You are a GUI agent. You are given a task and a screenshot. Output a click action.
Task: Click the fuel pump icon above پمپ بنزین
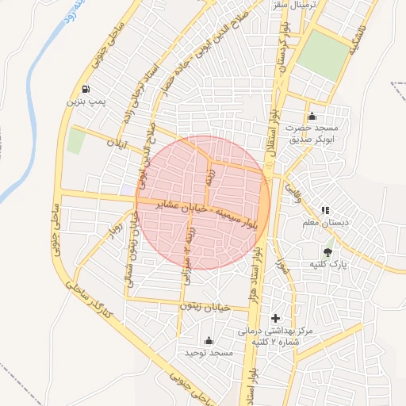[x=86, y=89]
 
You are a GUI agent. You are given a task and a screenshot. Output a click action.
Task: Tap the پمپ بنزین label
[x=86, y=101]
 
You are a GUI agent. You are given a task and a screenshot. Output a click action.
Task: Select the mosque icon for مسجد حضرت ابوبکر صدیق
[x=312, y=117]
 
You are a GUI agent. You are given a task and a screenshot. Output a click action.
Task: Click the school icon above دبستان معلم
[x=324, y=210]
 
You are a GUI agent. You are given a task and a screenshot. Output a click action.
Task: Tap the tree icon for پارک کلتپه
[x=328, y=253]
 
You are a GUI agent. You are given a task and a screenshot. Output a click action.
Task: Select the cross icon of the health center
[x=275, y=318]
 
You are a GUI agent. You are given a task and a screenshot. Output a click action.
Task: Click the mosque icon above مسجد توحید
[x=209, y=340]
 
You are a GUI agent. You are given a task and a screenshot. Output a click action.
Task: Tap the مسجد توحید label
[x=208, y=352]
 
